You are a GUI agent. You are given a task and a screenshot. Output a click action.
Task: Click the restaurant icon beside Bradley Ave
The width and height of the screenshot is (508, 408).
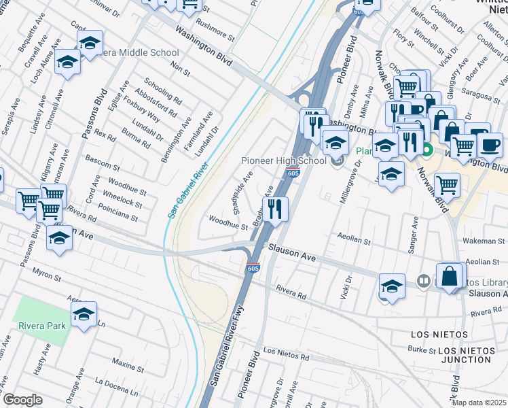click(274, 208)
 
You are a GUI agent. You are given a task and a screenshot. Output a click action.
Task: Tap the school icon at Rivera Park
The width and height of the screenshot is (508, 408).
click(84, 315)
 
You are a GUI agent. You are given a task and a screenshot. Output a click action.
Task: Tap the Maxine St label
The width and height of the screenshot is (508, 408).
click(126, 365)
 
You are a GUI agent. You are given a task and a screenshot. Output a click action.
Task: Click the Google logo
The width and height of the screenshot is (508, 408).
click(22, 400)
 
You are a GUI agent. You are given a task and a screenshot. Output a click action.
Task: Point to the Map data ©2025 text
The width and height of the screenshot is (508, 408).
click(479, 403)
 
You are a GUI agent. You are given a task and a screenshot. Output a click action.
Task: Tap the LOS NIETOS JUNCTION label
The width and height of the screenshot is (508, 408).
click(471, 355)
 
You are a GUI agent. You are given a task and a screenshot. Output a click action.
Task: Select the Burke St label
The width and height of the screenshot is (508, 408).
click(422, 350)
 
